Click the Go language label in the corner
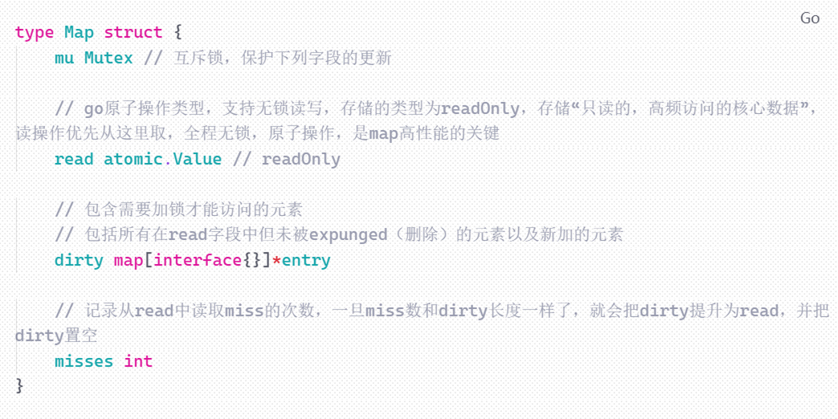(x=810, y=18)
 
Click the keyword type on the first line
(x=34, y=32)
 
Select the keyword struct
(x=133, y=32)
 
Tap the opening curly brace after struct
(x=178, y=32)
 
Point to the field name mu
(x=64, y=58)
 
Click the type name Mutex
(x=109, y=58)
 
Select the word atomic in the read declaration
(x=133, y=159)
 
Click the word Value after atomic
(x=197, y=159)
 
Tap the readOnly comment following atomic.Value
(x=301, y=159)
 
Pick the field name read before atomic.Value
(x=74, y=159)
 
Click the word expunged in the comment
(x=348, y=235)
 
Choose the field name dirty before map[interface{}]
(x=79, y=260)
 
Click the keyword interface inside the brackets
(x=197, y=260)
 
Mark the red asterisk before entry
(x=276, y=260)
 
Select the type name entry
(x=306, y=260)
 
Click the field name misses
(x=84, y=361)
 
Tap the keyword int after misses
(x=138, y=361)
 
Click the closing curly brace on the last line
(x=19, y=385)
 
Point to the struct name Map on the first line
(x=79, y=32)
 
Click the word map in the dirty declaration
(x=128, y=260)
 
